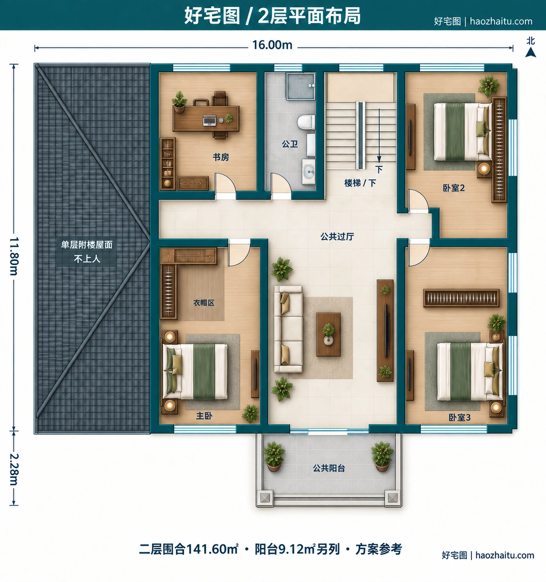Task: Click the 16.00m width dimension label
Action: (272, 45)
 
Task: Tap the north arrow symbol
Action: (530, 53)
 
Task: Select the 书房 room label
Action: (221, 157)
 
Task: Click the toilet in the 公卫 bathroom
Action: (306, 123)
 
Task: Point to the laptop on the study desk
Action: (209, 120)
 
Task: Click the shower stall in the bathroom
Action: (301, 86)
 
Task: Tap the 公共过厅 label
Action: (337, 236)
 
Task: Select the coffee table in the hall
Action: (328, 334)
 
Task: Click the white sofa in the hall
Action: (288, 329)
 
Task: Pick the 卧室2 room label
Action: (454, 188)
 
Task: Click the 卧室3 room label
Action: (460, 418)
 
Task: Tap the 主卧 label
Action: (204, 416)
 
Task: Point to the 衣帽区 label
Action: (204, 303)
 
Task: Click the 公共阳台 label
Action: (329, 468)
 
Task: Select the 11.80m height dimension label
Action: (14, 256)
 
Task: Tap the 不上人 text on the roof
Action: (87, 259)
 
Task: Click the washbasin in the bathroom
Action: (309, 171)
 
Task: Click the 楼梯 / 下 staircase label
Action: (360, 183)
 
